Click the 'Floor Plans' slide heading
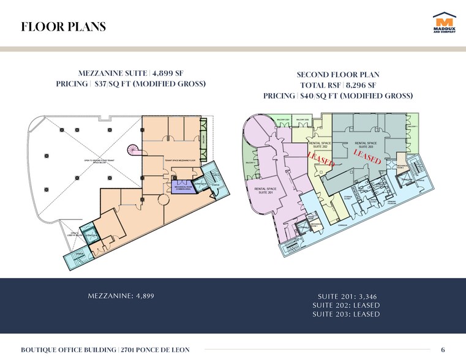click(x=64, y=27)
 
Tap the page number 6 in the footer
click(x=443, y=350)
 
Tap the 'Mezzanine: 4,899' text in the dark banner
click(x=121, y=296)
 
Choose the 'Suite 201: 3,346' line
click(x=345, y=296)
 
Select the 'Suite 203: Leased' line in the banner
click(x=345, y=314)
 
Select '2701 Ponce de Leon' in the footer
click(x=154, y=350)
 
